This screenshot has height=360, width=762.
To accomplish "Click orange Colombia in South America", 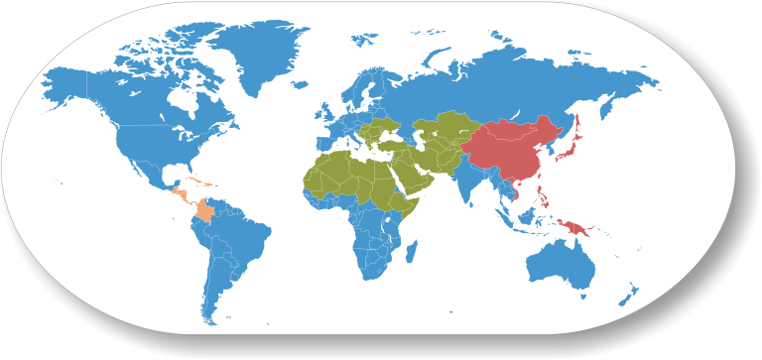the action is click(x=205, y=210).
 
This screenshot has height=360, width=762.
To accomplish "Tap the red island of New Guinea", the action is click(x=578, y=230).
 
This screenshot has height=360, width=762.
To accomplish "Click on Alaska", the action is click(x=69, y=84).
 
